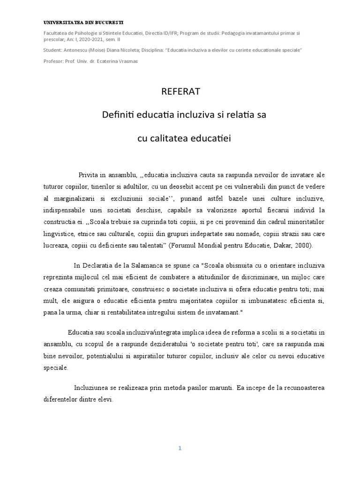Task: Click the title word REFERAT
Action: [x=180, y=91]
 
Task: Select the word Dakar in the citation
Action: [x=280, y=246]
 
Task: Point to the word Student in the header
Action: [x=52, y=50]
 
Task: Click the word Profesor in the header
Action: [x=53, y=61]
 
